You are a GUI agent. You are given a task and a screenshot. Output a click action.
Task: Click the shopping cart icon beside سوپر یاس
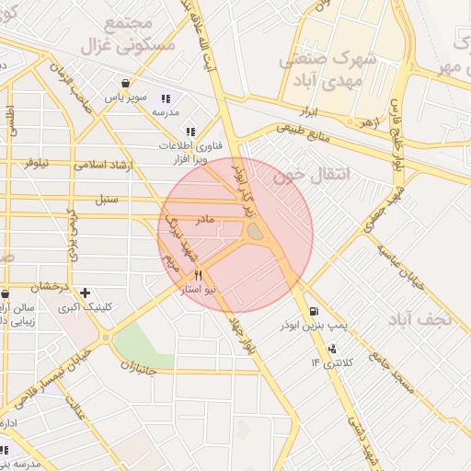coord(124,82)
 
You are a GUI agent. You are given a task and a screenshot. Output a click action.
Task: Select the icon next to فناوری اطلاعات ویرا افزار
coord(190,132)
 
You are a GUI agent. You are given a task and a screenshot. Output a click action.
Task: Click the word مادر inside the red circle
coord(204,219)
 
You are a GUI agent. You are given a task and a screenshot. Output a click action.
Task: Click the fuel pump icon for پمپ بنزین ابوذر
coord(316,311)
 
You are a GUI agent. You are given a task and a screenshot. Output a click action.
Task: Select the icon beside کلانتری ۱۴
coord(332,349)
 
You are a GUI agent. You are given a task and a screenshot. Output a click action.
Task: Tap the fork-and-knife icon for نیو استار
coord(197,275)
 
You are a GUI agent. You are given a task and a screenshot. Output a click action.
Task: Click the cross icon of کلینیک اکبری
coord(86,293)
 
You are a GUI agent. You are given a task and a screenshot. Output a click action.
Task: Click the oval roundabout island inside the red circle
coord(252,236)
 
